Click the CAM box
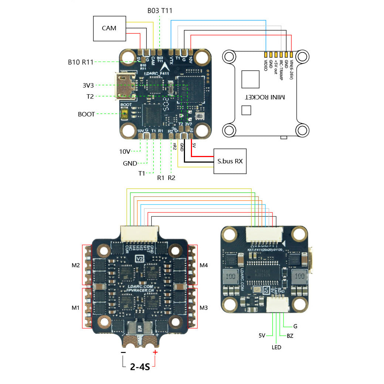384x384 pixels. tap(109, 28)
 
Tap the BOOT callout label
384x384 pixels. tap(86, 114)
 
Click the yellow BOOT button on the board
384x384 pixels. tap(125, 114)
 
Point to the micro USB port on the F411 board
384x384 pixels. tap(122, 85)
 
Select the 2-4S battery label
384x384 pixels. tap(140, 367)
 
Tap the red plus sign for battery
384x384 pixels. tap(155, 352)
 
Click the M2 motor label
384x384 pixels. tap(76, 265)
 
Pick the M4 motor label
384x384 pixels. tap(204, 265)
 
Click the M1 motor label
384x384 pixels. tap(76, 307)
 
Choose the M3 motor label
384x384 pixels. tap(204, 307)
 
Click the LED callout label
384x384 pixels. tap(276, 347)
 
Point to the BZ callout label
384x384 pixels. tap(290, 336)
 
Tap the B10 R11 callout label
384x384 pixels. tap(80, 62)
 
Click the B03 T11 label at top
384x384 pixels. tap(160, 11)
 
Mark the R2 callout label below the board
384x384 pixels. tap(171, 178)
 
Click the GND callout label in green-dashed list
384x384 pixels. tap(130, 163)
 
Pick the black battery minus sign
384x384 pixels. tap(123, 353)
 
